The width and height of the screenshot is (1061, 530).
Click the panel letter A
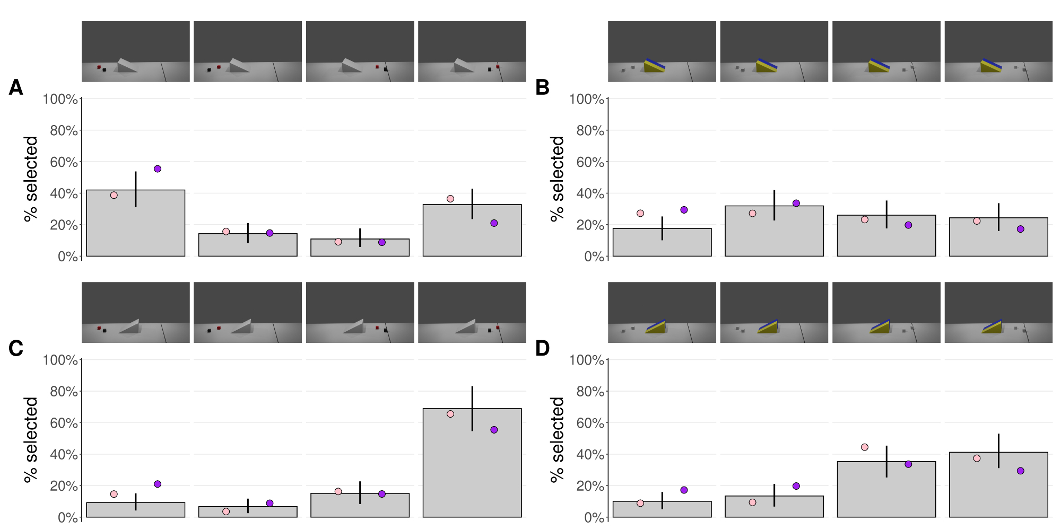pyautogui.click(x=16, y=87)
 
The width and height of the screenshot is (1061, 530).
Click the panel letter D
pyautogui.click(x=542, y=348)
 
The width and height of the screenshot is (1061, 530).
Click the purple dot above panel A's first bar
pyautogui.click(x=158, y=169)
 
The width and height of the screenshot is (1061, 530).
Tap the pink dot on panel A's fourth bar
pyautogui.click(x=450, y=199)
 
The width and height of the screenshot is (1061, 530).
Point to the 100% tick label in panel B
pyautogui.click(x=590, y=99)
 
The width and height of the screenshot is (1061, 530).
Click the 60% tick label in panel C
pyautogui.click(x=64, y=423)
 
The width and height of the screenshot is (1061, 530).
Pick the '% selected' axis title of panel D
pyautogui.click(x=558, y=439)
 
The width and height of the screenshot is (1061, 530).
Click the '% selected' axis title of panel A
pyautogui.click(x=31, y=179)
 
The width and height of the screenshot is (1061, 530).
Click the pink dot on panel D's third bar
pyautogui.click(x=865, y=447)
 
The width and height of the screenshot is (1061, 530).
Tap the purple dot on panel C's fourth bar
pyautogui.click(x=494, y=430)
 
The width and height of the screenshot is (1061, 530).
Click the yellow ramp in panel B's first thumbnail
pyautogui.click(x=655, y=66)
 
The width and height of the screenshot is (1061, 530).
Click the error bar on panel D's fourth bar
pyautogui.click(x=998, y=451)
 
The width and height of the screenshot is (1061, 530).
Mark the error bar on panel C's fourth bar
pyautogui.click(x=472, y=408)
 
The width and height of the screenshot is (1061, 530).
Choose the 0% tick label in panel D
pyautogui.click(x=594, y=518)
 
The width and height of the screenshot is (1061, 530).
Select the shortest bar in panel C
pyautogui.click(x=248, y=511)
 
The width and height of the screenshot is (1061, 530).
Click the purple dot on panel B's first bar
pyautogui.click(x=684, y=210)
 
